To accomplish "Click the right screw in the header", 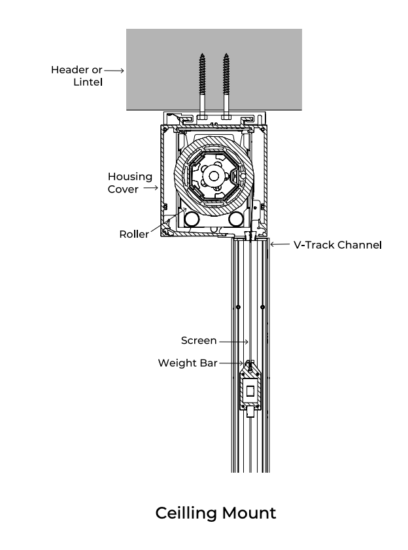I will [226, 82].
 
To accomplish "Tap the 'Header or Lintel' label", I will [77, 76].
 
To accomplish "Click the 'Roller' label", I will [133, 234].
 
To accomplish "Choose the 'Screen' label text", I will [199, 340].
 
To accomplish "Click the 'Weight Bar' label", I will [187, 363].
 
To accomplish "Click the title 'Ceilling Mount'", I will [216, 512].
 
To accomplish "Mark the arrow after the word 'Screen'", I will [233, 341].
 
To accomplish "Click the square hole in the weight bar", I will [250, 392].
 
